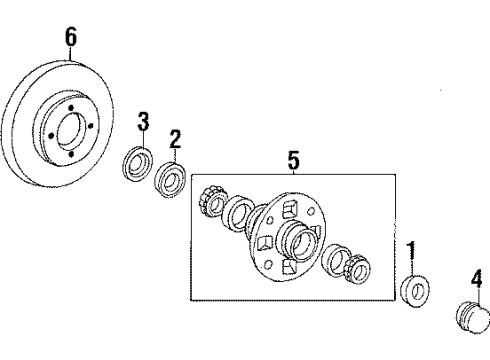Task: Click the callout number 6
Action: coord(71,37)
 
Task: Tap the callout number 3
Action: coord(143,121)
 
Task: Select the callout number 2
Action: coord(175,139)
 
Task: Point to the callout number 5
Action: coord(293,160)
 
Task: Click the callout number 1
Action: coord(412,251)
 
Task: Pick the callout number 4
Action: coord(477,278)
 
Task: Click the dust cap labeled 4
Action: coord(473,317)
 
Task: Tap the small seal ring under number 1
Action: coord(414,291)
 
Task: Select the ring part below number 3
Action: coord(137,164)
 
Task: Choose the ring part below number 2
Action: coord(170,179)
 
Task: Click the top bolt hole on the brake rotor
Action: coord(71,108)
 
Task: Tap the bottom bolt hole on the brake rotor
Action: coord(71,154)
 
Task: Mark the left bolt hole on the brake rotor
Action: coord(51,136)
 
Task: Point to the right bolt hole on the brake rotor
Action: coord(91,126)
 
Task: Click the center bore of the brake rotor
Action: coord(69,131)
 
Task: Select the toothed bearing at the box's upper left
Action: coord(211,202)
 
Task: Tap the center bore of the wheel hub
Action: coord(303,246)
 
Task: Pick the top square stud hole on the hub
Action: coord(289,209)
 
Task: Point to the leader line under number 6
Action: coord(71,53)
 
